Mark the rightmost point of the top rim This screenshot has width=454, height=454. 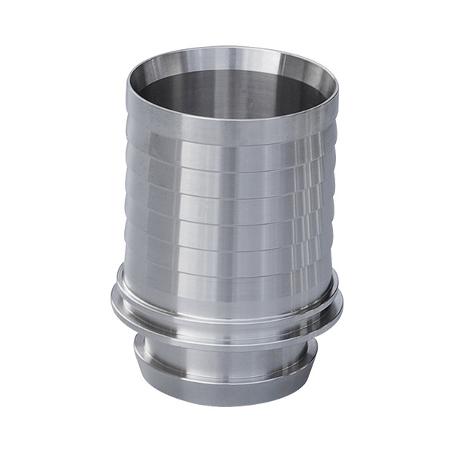(x=337, y=82)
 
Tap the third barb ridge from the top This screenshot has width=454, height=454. (x=227, y=203)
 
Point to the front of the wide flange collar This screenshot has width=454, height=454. (x=227, y=322)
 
